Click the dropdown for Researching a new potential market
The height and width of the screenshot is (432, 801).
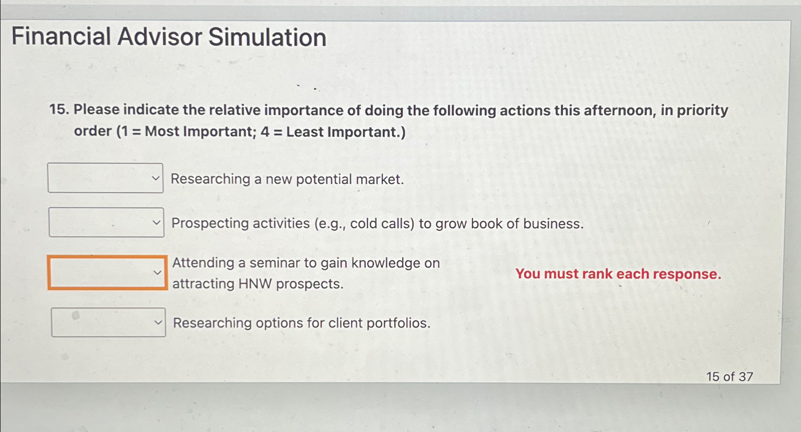(105, 178)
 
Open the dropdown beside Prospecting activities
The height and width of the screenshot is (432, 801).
(106, 223)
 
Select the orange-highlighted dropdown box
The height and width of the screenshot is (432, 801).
(107, 273)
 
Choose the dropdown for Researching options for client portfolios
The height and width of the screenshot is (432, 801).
(108, 323)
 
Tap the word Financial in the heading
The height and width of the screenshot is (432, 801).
(61, 37)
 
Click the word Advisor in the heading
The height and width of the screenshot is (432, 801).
(159, 37)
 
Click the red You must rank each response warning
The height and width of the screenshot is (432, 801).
(618, 274)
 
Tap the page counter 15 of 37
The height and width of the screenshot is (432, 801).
(729, 377)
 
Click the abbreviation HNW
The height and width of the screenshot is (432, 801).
(255, 284)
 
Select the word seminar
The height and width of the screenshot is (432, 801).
(275, 263)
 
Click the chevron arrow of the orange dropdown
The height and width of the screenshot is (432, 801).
(157, 273)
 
